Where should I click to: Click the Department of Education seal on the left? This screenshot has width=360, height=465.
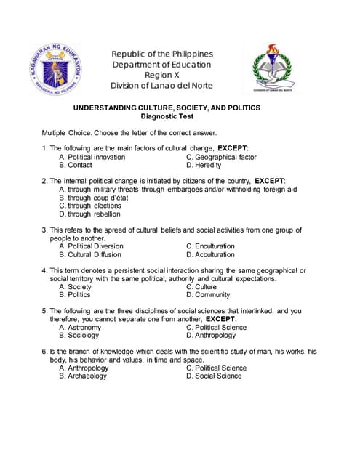[x=55, y=69]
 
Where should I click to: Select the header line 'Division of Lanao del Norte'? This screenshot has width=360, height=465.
[x=161, y=86]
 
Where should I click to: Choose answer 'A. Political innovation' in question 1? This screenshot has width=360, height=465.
[x=92, y=157]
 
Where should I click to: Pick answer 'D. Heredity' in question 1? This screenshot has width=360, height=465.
[x=204, y=165]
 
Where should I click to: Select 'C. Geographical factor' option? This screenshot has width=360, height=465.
[x=221, y=157]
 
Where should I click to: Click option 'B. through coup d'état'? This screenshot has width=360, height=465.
[x=93, y=198]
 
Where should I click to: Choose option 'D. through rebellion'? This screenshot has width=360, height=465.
[x=89, y=214]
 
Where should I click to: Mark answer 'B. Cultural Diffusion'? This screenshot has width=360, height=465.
[x=90, y=255]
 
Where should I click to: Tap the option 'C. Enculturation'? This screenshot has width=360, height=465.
[x=210, y=246]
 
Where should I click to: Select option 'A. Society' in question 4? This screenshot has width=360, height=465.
[x=75, y=287]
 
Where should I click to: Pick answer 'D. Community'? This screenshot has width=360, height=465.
[x=208, y=295]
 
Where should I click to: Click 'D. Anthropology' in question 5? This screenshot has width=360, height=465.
[x=216, y=336]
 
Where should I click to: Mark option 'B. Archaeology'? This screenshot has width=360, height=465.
[x=83, y=376]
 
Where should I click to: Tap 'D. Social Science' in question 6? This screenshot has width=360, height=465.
[x=214, y=376]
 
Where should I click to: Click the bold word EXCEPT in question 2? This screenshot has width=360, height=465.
[x=269, y=180]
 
